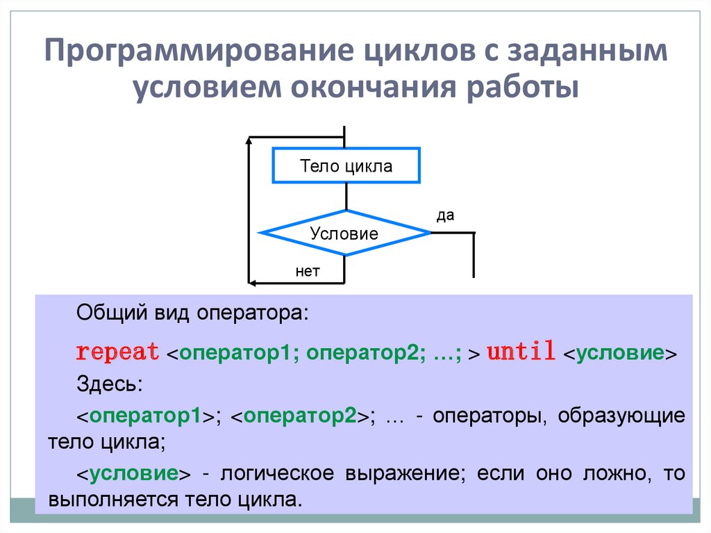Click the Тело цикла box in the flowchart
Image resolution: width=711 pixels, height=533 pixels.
(x=346, y=166)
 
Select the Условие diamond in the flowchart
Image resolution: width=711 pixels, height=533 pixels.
(x=344, y=233)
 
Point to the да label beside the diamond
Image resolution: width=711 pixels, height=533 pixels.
(x=445, y=215)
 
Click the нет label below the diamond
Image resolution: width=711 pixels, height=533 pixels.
(x=308, y=271)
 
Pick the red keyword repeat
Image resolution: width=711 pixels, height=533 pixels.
(x=117, y=352)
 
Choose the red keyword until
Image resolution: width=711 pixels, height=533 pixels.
(x=521, y=352)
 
